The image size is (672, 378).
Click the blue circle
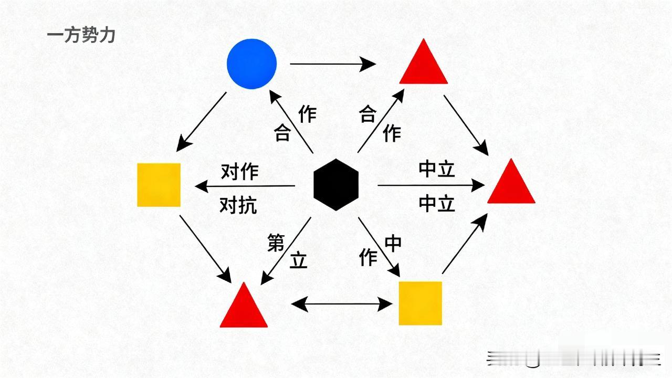coord(251,64)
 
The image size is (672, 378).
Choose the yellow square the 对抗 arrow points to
coord(159,185)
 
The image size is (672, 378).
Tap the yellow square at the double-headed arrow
coord(420,303)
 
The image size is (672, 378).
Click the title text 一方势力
coord(81,35)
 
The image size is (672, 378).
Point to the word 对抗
coord(238,205)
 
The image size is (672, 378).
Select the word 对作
coord(239,172)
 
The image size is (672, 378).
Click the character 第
coord(276,242)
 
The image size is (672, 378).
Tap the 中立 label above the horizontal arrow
coord(437,169)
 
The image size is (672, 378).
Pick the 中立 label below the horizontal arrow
coord(437,203)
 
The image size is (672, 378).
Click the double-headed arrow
coord(342,303)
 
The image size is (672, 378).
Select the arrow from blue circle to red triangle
coord(333,64)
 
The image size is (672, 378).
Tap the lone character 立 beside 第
coord(298,260)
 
